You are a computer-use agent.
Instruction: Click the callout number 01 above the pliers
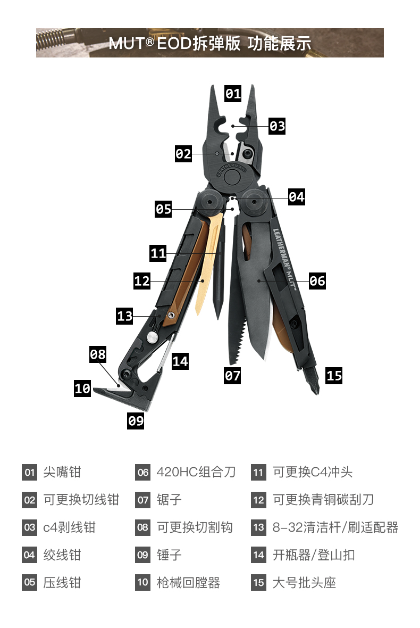pos(233,94)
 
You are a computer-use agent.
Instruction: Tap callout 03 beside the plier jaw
pos(277,126)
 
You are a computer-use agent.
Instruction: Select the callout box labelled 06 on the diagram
pos(317,280)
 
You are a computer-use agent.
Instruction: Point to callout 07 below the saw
pos(232,375)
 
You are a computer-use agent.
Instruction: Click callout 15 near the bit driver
pos(334,376)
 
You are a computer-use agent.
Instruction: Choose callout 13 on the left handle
pos(125,316)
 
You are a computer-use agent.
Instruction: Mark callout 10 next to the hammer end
pos(82,389)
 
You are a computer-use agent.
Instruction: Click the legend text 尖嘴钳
pos(62,472)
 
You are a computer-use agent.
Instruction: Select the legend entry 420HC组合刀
pos(196,472)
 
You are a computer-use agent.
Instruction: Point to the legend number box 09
pos(142,555)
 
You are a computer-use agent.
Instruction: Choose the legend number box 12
pos(258,500)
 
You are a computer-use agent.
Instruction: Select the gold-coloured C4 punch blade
pos(209,266)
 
